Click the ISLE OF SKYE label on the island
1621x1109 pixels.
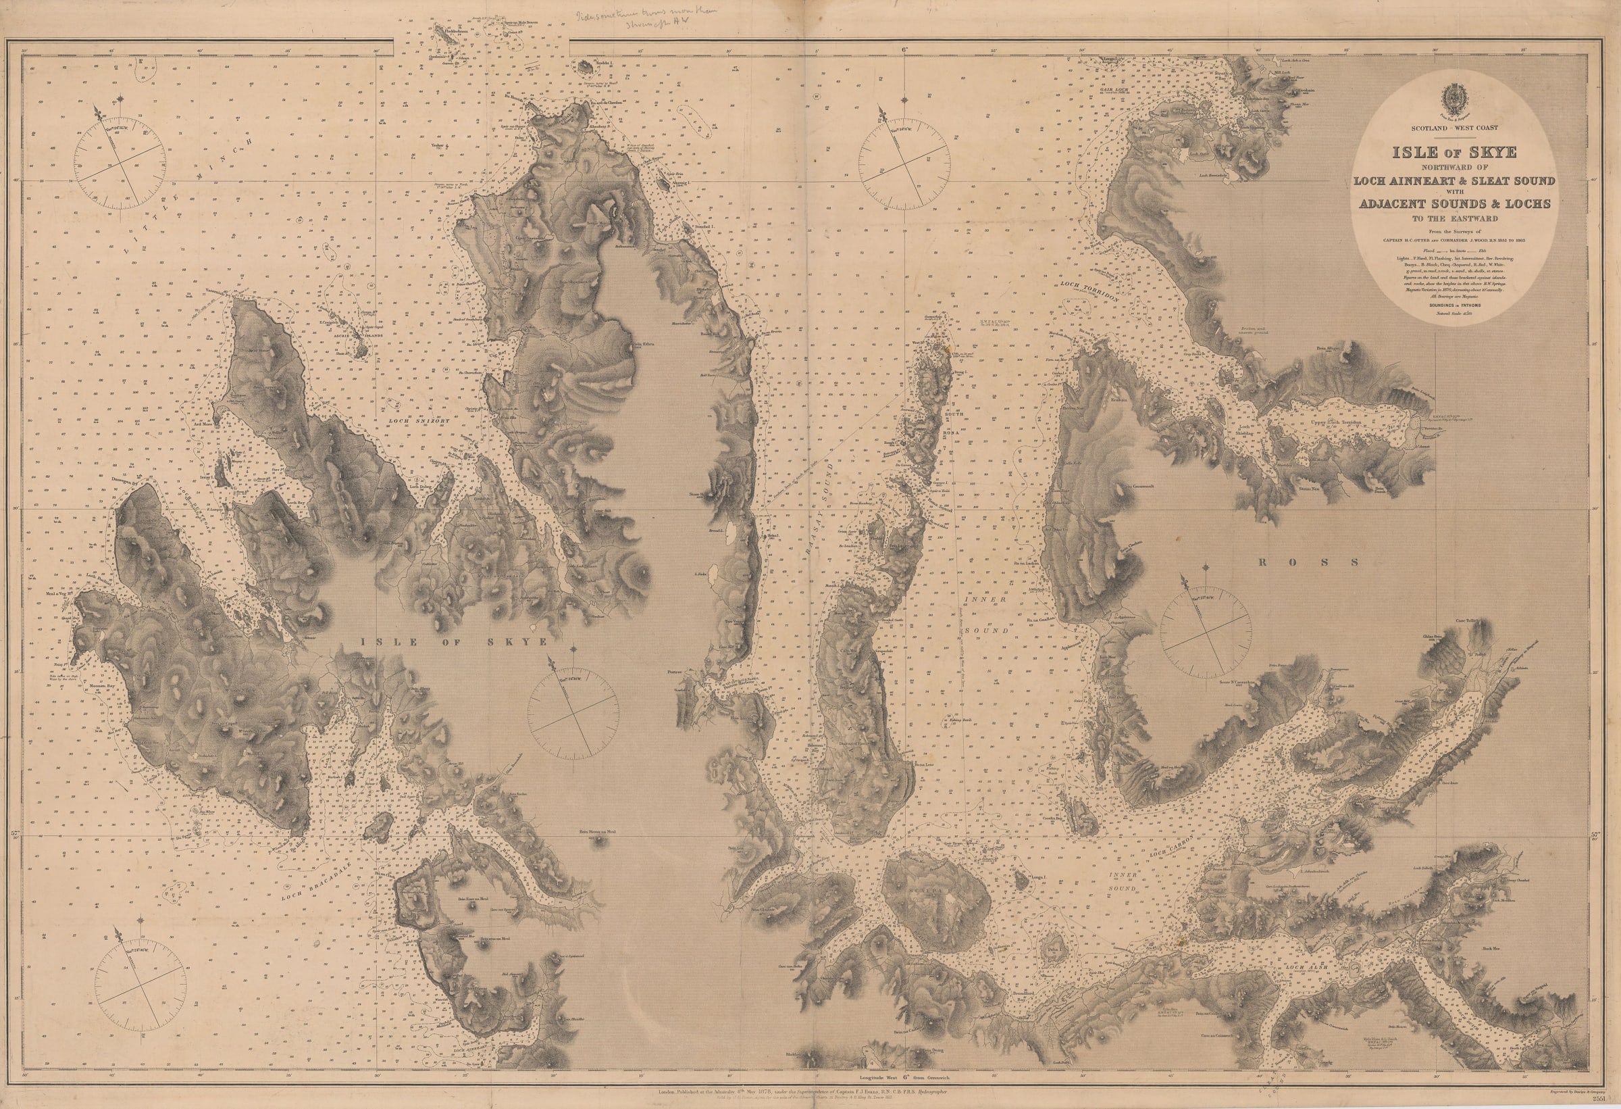coord(453,640)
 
